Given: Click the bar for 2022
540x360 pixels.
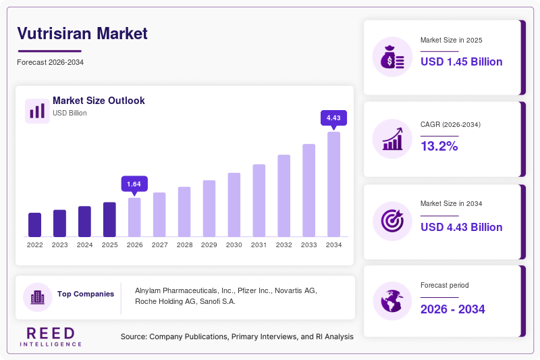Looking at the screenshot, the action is [35, 225].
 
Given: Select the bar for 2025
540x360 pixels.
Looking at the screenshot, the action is [109, 220].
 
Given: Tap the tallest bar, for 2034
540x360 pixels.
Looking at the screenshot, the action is [333, 184].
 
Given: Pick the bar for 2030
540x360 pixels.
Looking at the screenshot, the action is [234, 205].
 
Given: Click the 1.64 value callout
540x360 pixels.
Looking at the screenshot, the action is [134, 184].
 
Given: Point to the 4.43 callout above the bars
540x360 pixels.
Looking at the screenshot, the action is [333, 118].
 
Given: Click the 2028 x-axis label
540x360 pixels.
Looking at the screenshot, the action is [184, 245].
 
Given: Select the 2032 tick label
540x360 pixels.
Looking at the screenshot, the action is [283, 245].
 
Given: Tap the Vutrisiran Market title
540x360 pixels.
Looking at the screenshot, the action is [82, 34].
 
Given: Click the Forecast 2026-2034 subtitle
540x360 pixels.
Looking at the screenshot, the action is [50, 62].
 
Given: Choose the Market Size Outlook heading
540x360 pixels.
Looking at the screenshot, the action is [99, 101].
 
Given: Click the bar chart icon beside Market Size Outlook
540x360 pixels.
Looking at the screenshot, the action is [37, 111].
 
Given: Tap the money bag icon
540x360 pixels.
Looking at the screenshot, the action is [392, 57].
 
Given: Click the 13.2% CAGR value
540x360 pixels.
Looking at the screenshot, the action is [439, 146].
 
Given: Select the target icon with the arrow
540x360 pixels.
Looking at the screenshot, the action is [392, 221].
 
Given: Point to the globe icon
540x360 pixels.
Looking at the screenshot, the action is [392, 301].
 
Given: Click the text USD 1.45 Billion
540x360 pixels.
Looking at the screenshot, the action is [462, 61].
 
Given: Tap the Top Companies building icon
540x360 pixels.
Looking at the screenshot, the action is [38, 297].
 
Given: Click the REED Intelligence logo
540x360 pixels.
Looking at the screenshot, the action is [51, 336].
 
